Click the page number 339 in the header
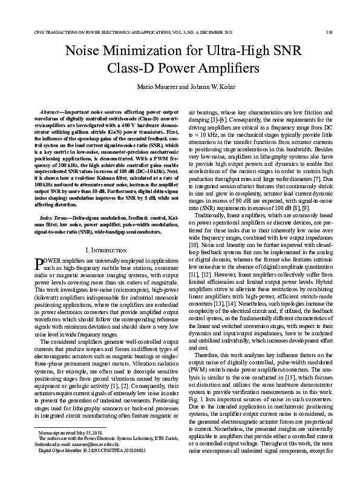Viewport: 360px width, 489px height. (x=329, y=31)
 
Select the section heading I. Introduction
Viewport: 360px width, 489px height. (x=106, y=249)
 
